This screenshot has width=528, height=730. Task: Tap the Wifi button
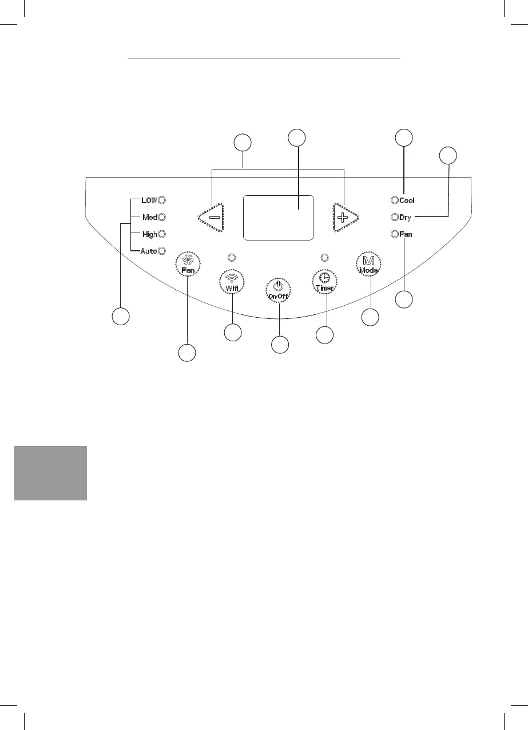pyautogui.click(x=232, y=282)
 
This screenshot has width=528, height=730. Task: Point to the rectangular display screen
pyautogui.click(x=278, y=218)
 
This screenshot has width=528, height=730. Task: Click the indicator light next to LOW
pyautogui.click(x=162, y=200)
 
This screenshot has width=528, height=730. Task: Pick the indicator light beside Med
pyautogui.click(x=162, y=218)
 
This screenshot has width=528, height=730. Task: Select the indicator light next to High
pyautogui.click(x=162, y=234)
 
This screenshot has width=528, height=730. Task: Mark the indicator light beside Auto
pyautogui.click(x=162, y=251)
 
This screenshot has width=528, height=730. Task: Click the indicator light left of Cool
pyautogui.click(x=394, y=200)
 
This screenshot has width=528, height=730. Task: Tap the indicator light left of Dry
pyautogui.click(x=394, y=218)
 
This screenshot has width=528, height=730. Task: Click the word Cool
pyautogui.click(x=407, y=200)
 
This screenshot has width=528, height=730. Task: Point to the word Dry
pyautogui.click(x=406, y=218)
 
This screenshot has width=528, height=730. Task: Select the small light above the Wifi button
pyautogui.click(x=232, y=257)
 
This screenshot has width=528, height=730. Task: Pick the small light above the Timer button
pyautogui.click(x=325, y=257)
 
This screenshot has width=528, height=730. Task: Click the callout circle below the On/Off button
pyautogui.click(x=279, y=345)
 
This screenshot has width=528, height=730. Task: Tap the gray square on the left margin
pyautogui.click(x=50, y=473)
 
